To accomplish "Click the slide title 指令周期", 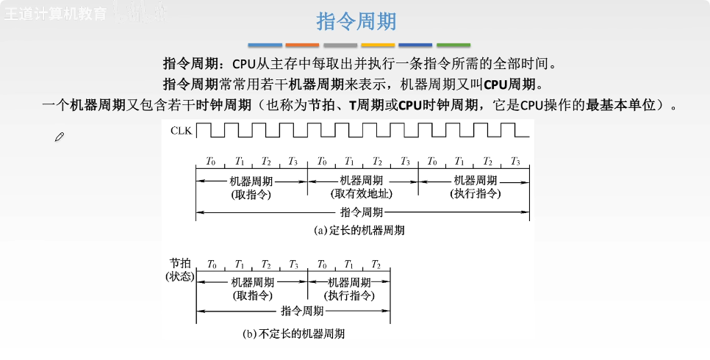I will click(355, 21).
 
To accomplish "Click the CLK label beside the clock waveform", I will click(180, 131).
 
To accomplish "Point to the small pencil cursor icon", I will click(60, 137).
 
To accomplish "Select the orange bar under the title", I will click(302, 45).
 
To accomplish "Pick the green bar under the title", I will click(453, 45).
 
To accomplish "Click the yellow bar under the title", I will click(378, 45).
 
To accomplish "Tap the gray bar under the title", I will click(340, 45).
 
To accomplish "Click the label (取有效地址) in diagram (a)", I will click(362, 194).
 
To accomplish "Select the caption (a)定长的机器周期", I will click(359, 230).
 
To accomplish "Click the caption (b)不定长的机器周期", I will click(293, 333).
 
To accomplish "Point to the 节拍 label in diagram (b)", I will click(179, 263).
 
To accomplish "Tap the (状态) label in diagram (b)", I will click(179, 276).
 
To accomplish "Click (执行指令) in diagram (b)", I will click(349, 295).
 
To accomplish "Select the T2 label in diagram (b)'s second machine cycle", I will click(376, 264).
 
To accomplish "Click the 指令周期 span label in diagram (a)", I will click(362, 212).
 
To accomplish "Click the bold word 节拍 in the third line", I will click(324, 105).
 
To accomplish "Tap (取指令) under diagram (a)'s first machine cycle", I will click(251, 194).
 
